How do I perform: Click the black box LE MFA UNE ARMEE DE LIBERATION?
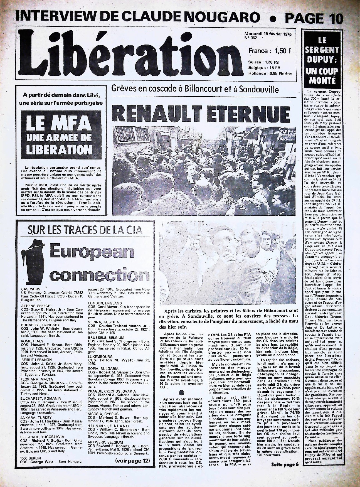pyautogui.click(x=59, y=136)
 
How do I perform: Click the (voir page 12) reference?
pyautogui.click(x=132, y=461)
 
